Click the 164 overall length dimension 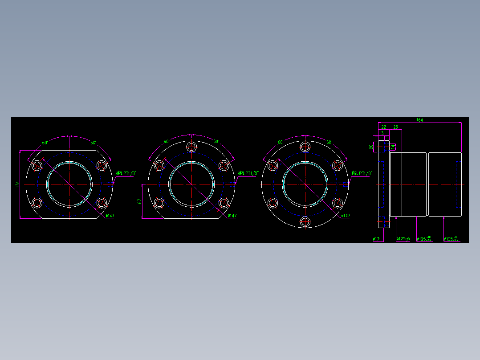pos(419,120)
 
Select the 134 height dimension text pos(17,184)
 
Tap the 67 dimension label pos(139,201)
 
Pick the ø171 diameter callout pos(377,239)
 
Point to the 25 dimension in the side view pos(395,127)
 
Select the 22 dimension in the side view pos(383,127)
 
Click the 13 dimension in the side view pos(381,133)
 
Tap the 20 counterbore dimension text pos(371,146)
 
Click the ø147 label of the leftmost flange pos(110,216)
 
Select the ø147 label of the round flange pos(346,216)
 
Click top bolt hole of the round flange pos(305,147)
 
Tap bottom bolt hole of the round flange pos(305,221)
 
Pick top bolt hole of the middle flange pos(191,147)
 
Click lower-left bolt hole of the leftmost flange pos(37,204)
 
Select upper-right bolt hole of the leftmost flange pos(102,165)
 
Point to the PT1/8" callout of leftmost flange pos(126,173)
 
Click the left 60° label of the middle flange pos(166,142)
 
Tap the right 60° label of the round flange pos(329,142)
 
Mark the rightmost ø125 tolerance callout pos(452,239)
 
